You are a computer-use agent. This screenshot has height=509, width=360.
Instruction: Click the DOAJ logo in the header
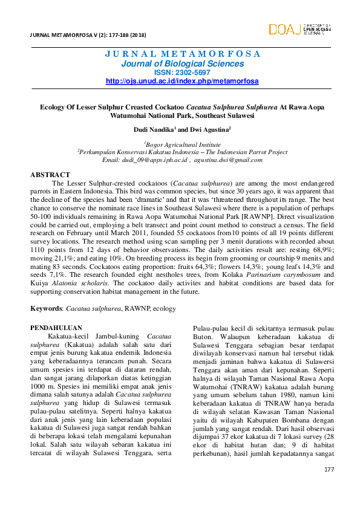pyautogui.click(x=299, y=28)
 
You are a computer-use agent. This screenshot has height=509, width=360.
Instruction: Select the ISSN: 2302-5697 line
pyautogui.click(x=182, y=72)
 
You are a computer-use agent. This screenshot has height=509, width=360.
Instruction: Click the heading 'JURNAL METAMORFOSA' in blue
pyautogui.click(x=182, y=53)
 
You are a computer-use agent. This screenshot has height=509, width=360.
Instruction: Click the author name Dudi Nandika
pyautogui.click(x=154, y=129)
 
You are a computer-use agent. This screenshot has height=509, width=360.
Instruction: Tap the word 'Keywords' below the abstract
pyautogui.click(x=47, y=308)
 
